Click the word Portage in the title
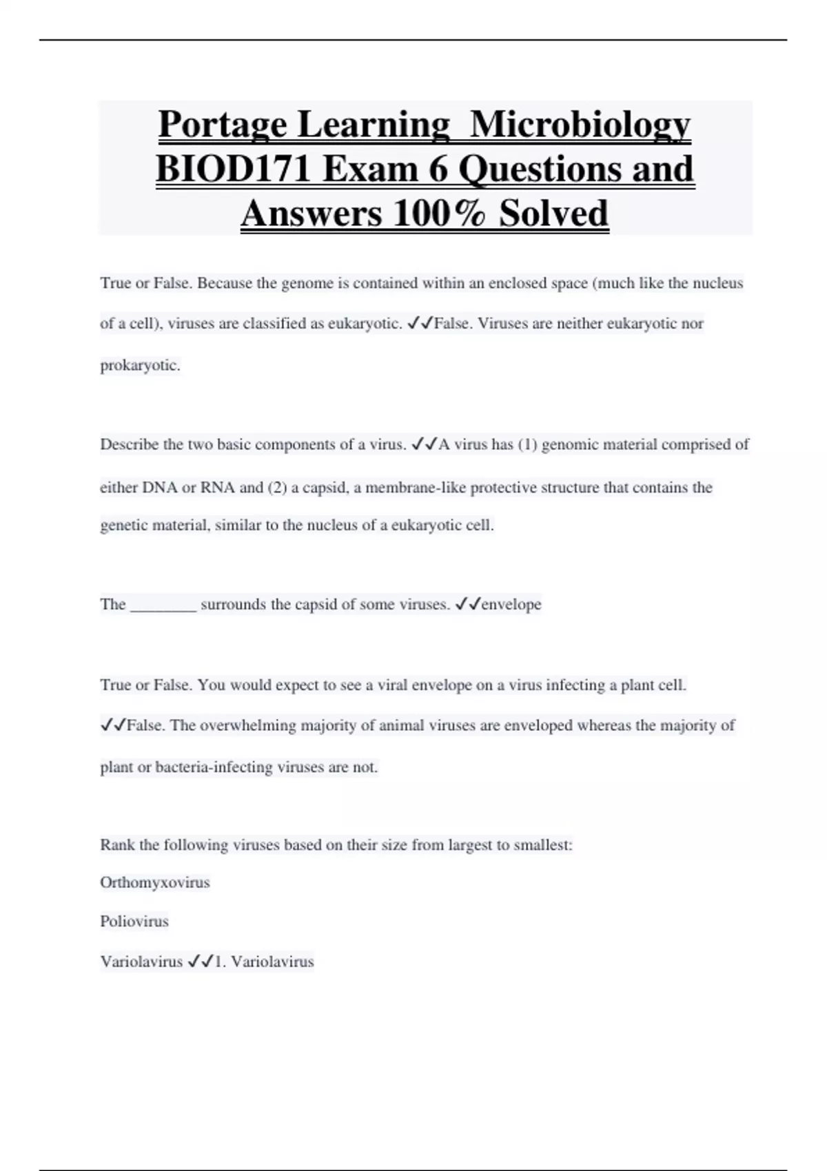coord(223,125)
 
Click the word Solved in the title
coord(553,214)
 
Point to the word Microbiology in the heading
coord(580,125)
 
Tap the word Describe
coord(130,445)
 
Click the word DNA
coord(159,488)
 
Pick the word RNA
coord(218,488)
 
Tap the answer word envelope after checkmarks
coord(511,605)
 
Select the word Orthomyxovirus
coord(155,883)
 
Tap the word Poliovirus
coord(134,922)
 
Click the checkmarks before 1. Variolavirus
coord(200,962)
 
